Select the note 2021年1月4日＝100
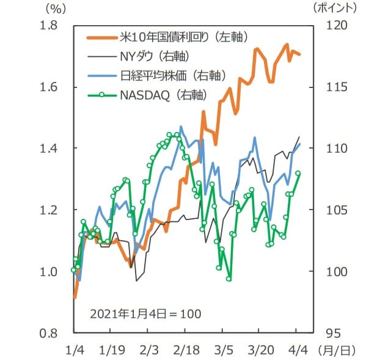(145, 313)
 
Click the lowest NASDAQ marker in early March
(229, 279)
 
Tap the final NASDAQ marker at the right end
(298, 174)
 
